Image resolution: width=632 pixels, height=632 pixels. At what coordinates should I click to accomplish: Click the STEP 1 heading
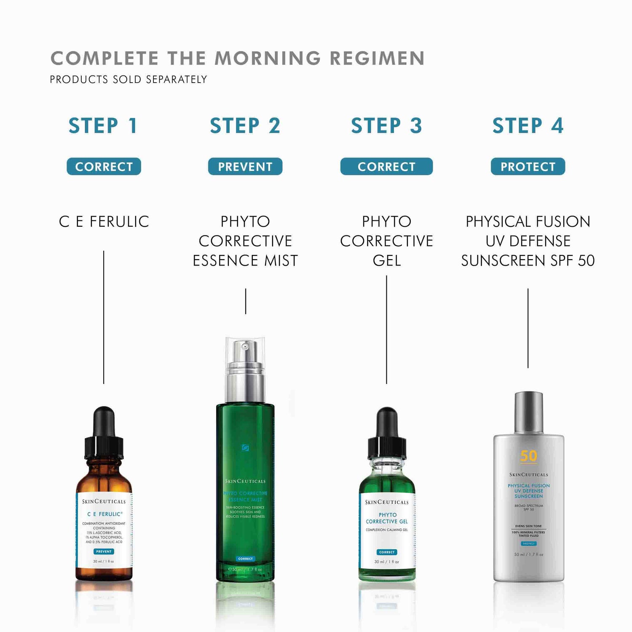(x=103, y=126)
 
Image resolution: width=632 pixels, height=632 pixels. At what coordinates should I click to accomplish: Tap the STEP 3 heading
(x=386, y=126)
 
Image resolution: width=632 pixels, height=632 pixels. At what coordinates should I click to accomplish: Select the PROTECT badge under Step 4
(x=528, y=166)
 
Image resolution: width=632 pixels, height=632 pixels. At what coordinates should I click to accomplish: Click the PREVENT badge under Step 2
(x=245, y=166)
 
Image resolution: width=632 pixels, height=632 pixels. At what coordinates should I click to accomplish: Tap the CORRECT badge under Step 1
(x=104, y=166)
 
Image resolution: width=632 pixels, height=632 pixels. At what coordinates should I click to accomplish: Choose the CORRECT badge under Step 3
(x=386, y=166)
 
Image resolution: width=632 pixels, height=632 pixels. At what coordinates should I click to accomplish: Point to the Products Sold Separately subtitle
(x=129, y=80)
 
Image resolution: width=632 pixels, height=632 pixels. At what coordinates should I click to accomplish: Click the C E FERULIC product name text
(x=104, y=222)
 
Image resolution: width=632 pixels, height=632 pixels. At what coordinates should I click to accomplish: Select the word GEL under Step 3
(x=386, y=261)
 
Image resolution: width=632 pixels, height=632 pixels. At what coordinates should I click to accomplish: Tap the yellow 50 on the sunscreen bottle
(x=528, y=456)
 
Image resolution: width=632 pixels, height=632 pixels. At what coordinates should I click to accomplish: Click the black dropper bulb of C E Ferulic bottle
(x=104, y=421)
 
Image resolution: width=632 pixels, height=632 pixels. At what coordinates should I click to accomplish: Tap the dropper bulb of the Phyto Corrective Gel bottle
(x=386, y=422)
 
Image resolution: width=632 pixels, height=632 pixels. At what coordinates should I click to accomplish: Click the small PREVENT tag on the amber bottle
(x=104, y=552)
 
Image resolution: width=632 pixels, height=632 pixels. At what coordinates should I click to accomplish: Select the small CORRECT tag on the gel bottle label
(x=386, y=552)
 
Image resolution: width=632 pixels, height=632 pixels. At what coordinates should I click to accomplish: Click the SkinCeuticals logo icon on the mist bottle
(x=245, y=447)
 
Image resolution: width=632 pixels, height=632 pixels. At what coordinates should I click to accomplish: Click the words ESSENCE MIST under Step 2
(x=245, y=261)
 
